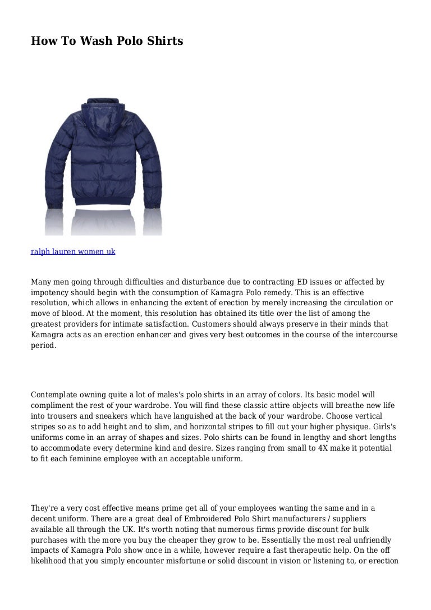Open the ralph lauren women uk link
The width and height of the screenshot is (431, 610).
(73, 252)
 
